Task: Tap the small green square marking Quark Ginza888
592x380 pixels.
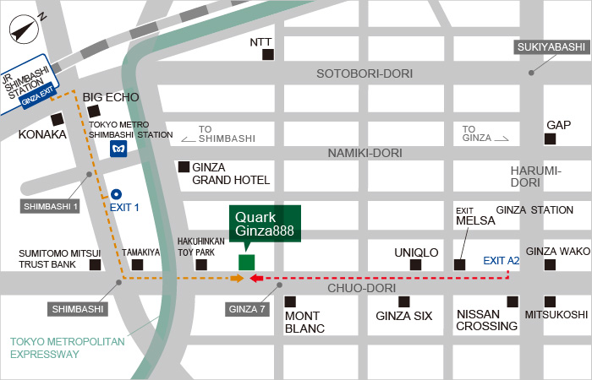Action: (246, 262)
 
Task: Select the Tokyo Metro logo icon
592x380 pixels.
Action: (119, 149)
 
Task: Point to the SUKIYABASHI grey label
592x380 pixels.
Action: (551, 47)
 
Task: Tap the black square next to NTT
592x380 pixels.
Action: (268, 56)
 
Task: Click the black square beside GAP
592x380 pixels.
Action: (551, 139)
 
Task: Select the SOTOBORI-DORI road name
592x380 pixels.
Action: (365, 73)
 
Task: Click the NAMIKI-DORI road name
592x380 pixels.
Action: (365, 153)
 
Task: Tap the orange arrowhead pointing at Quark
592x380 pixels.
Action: (238, 278)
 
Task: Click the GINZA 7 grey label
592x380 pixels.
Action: (249, 309)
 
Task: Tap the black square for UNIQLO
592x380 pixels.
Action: (415, 265)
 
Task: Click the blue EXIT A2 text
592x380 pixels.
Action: (502, 261)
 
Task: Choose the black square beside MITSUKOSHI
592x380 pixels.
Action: (551, 301)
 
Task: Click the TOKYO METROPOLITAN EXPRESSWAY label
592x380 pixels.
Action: (67, 348)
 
